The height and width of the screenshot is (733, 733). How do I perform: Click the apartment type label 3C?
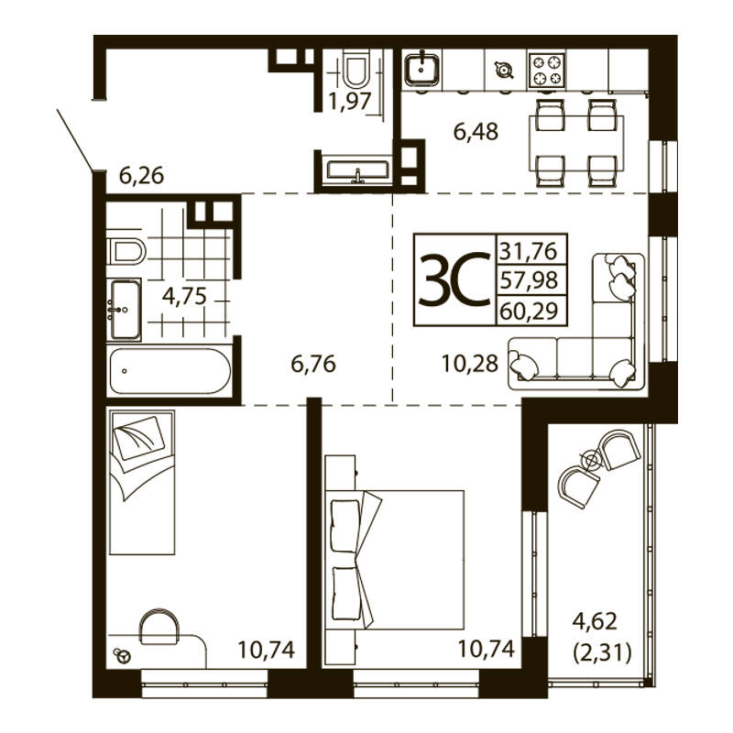point(454,280)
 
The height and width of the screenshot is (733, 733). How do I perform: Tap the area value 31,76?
point(529,251)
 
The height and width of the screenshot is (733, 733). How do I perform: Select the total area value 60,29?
point(530,311)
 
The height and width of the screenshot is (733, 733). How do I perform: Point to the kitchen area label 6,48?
point(476,132)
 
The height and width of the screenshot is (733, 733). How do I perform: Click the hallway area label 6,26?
point(142,176)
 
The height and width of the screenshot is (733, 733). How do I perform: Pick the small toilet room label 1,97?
point(350,101)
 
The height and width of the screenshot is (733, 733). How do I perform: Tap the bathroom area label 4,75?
point(184,296)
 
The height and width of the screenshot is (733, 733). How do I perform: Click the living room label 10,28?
point(470,364)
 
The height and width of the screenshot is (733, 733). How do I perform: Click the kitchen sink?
point(422,70)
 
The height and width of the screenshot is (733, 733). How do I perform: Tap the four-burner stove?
point(546,71)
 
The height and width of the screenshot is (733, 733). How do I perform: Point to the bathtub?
point(170,371)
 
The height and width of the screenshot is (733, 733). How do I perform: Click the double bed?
point(395,560)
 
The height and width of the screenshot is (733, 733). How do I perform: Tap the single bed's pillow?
point(139,438)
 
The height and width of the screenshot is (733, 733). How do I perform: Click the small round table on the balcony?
point(591,460)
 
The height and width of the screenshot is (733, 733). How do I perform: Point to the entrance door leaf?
point(75,140)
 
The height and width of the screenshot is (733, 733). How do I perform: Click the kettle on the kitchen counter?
point(503,71)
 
